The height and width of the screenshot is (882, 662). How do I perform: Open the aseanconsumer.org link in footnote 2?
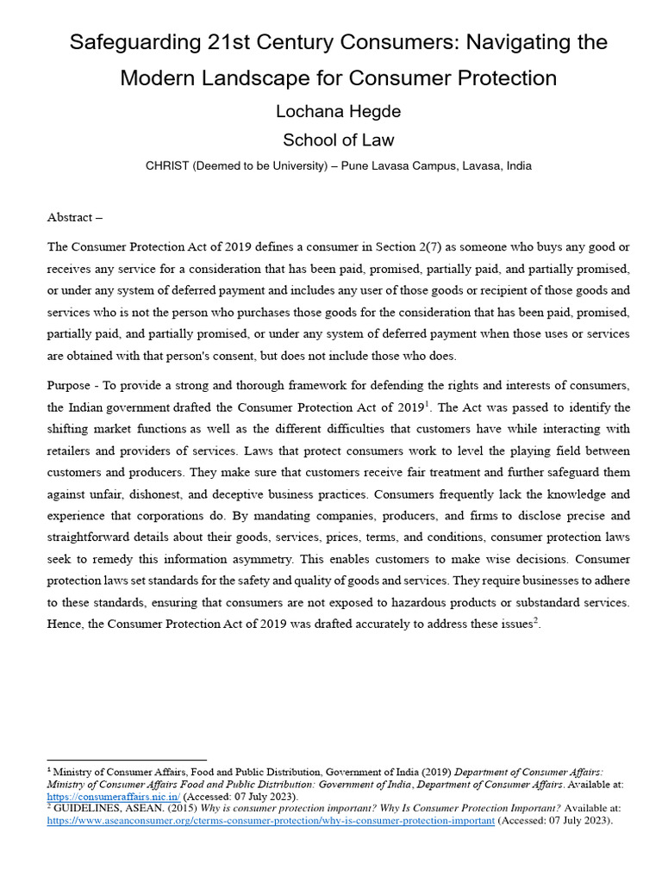(271, 820)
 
